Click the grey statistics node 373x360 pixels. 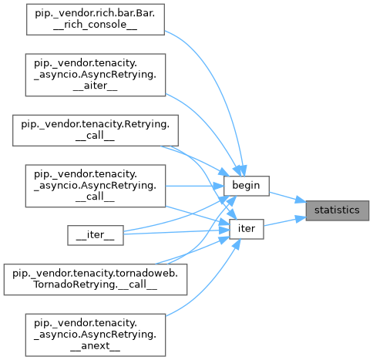pos(338,210)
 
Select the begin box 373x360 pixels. pos(247,186)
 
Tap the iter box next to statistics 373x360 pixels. pos(247,229)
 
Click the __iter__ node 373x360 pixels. pos(96,235)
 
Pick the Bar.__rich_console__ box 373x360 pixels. pos(96,19)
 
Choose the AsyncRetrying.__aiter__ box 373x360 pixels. pos(96,75)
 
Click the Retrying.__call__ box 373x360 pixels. pos(96,130)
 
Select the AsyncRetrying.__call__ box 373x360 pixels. pos(96,186)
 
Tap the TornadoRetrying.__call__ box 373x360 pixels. pos(96,279)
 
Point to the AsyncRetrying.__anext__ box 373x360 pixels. pos(96,335)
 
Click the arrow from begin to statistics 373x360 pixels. pos(287,197)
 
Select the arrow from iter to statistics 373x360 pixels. pos(285,222)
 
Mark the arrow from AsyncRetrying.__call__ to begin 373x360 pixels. pos(194,186)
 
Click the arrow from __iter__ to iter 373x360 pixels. pos(176,232)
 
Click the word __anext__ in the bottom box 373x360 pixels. pos(95,346)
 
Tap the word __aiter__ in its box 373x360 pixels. pos(95,86)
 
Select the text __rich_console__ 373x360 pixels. pos(95,25)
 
